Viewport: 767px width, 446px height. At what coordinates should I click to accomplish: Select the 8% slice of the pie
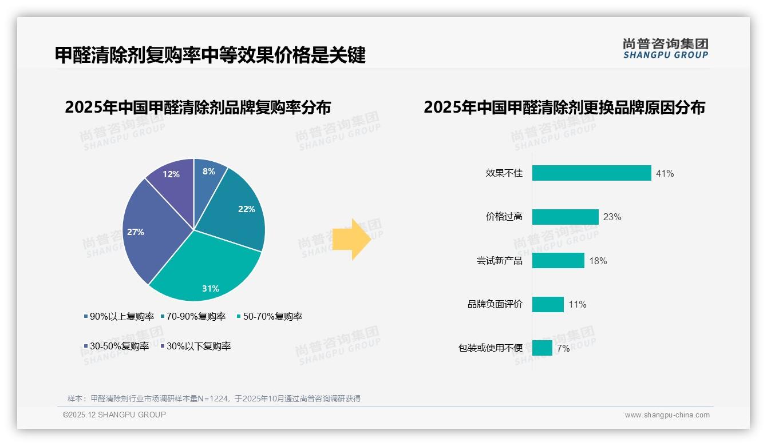207,177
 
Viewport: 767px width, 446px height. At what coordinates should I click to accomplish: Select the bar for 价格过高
565,217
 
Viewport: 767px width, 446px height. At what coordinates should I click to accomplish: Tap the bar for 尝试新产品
558,261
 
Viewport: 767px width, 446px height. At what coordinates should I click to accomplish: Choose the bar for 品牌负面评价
548,304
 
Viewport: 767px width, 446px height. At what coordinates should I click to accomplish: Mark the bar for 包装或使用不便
542,348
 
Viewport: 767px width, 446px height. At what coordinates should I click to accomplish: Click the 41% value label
665,173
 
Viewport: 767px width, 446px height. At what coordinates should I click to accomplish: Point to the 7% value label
563,348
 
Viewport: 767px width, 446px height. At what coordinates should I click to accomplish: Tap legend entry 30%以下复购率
198,346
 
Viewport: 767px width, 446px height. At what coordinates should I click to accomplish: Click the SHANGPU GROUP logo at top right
665,49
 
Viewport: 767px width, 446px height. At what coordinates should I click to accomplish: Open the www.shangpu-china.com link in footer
667,415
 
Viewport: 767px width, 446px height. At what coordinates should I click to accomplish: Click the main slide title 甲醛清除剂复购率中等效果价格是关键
210,55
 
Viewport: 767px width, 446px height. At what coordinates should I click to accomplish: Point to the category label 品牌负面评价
495,304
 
